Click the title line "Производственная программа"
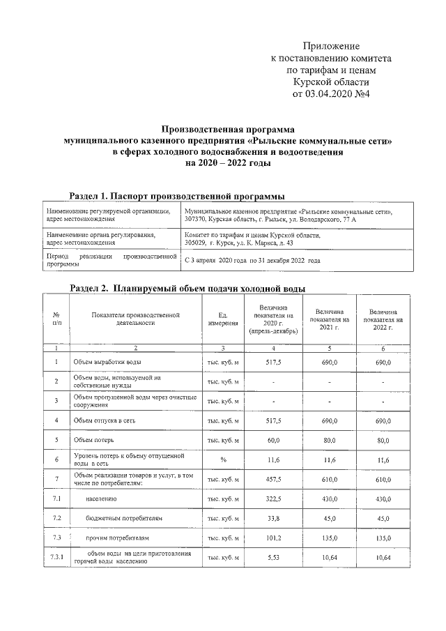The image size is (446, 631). [228, 129]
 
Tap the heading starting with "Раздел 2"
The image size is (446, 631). [177, 288]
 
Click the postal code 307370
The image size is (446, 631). [197, 220]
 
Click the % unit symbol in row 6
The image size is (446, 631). [224, 460]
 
